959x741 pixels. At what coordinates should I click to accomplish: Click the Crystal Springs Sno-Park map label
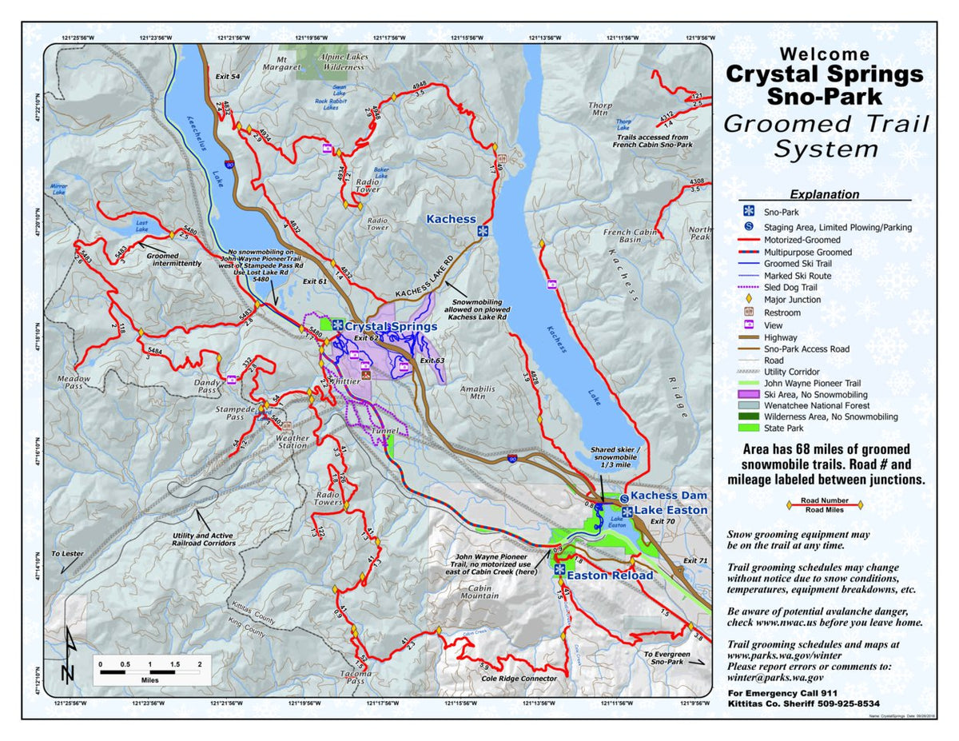pyautogui.click(x=391, y=326)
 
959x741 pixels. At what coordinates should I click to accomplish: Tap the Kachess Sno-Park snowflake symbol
pyautogui.click(x=482, y=231)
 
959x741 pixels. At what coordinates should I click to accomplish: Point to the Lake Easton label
pyautogui.click(x=671, y=510)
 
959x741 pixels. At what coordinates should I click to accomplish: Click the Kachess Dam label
pyautogui.click(x=669, y=496)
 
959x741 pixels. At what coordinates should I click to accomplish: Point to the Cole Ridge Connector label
pyautogui.click(x=518, y=679)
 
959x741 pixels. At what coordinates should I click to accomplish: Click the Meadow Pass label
pyautogui.click(x=74, y=382)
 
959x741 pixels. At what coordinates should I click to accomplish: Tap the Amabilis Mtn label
pyautogui.click(x=472, y=392)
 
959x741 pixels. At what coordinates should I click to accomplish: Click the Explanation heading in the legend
pyautogui.click(x=825, y=194)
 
